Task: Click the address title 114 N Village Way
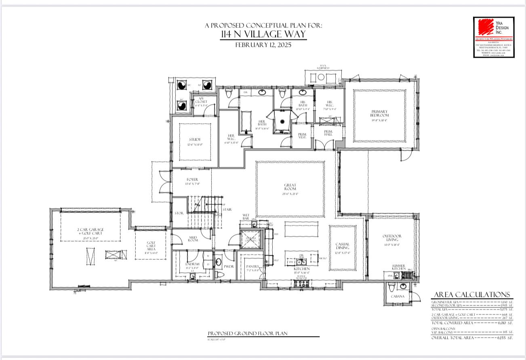(263, 34)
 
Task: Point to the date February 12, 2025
(263, 45)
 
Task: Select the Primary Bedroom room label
(379, 114)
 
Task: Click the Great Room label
(290, 187)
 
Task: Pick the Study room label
(195, 140)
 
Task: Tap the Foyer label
(192, 180)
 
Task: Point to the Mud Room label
(193, 239)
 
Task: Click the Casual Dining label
(342, 246)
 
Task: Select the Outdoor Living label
(391, 238)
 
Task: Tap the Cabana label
(397, 296)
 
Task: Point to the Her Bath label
(261, 123)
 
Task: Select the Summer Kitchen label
(398, 267)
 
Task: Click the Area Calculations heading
(472, 295)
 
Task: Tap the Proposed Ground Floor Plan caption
(247, 333)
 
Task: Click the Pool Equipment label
(323, 67)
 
